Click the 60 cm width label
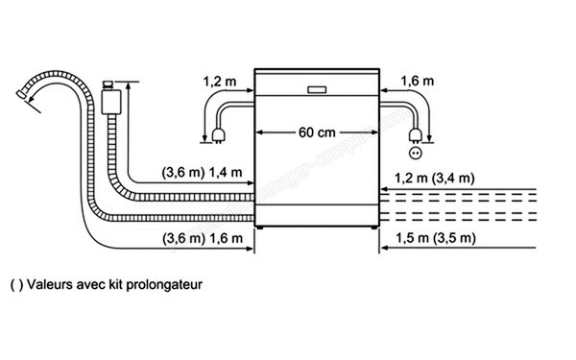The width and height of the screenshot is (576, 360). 316,132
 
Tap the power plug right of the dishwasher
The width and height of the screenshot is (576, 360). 415,133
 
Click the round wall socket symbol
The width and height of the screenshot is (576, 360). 416,153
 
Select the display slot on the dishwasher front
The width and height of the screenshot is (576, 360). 316,90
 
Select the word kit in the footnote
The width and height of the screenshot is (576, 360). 115,285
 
